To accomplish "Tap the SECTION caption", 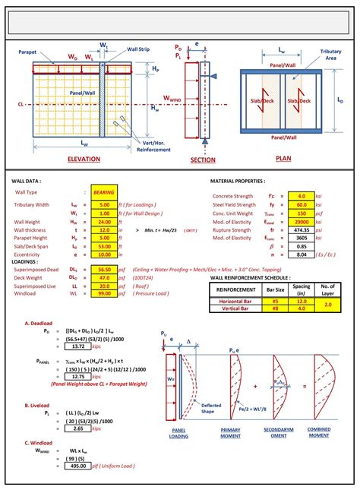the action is click(x=203, y=160).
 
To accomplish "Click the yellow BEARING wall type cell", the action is click(x=103, y=193).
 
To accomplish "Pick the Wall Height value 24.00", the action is click(x=103, y=221).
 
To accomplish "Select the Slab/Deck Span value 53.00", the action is click(x=103, y=246).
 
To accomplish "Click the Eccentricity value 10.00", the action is click(x=103, y=254).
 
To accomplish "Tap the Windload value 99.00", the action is click(x=103, y=292).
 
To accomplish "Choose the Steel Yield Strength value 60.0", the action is click(x=301, y=204).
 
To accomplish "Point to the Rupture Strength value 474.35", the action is click(x=301, y=229).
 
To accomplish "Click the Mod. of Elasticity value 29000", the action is click(x=301, y=221).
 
